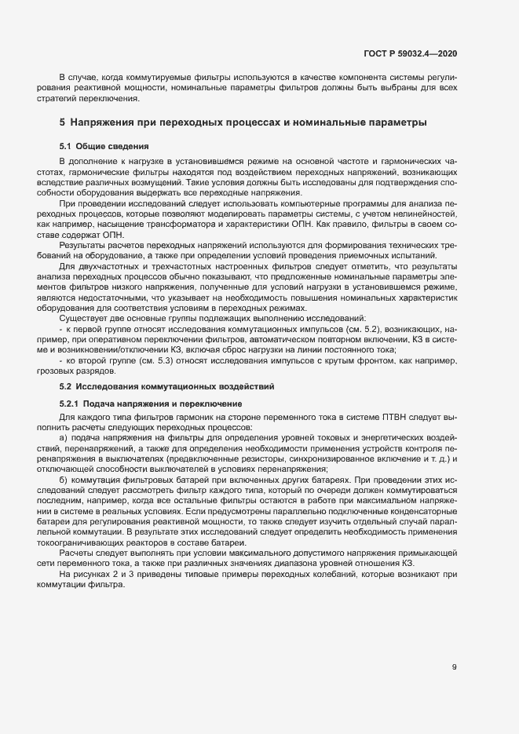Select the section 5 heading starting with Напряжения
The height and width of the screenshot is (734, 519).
tap(243, 122)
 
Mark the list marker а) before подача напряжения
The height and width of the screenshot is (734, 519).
tap(64, 436)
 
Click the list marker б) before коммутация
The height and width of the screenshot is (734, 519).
tap(64, 478)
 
